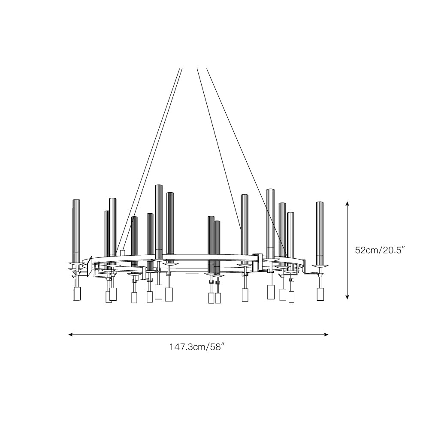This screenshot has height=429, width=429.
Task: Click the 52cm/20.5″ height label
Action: click(380, 250)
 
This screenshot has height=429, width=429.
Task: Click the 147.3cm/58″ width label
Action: click(197, 347)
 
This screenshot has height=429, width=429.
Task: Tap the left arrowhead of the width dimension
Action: click(70, 334)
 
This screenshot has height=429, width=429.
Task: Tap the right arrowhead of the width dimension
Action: click(326, 334)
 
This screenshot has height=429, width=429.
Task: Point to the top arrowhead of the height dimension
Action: click(347, 203)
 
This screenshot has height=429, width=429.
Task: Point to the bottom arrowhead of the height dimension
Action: click(347, 297)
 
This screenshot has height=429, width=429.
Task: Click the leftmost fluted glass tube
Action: click(76, 231)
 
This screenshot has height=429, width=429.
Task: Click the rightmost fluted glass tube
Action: click(320, 233)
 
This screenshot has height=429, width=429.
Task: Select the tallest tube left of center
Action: click(159, 222)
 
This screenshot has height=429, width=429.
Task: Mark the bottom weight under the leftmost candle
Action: click(77, 294)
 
